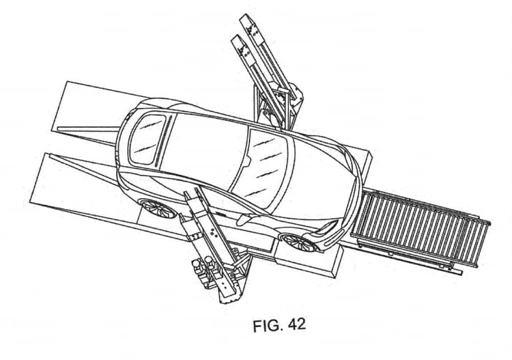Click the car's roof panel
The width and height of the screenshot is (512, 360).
[x=205, y=147]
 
